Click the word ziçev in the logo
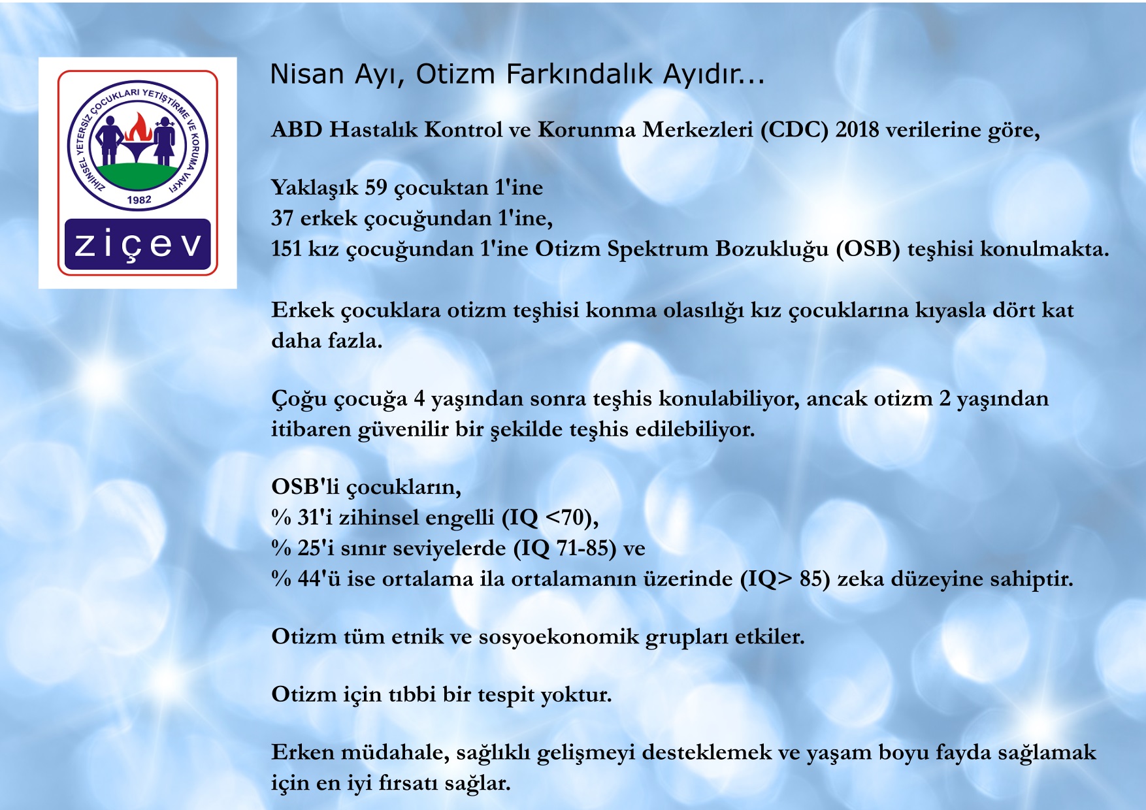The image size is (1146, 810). (138, 245)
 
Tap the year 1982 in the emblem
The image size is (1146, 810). (139, 200)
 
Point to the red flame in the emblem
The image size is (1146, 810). (138, 127)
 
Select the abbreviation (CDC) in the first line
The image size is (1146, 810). (794, 130)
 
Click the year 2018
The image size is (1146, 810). (857, 130)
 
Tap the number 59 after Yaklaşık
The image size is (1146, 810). (376, 187)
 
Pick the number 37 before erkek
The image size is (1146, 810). (282, 218)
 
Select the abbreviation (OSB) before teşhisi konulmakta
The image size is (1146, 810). (868, 249)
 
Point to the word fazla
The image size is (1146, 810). (355, 340)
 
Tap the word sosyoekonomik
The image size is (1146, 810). (559, 637)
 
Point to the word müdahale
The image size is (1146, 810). (395, 753)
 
